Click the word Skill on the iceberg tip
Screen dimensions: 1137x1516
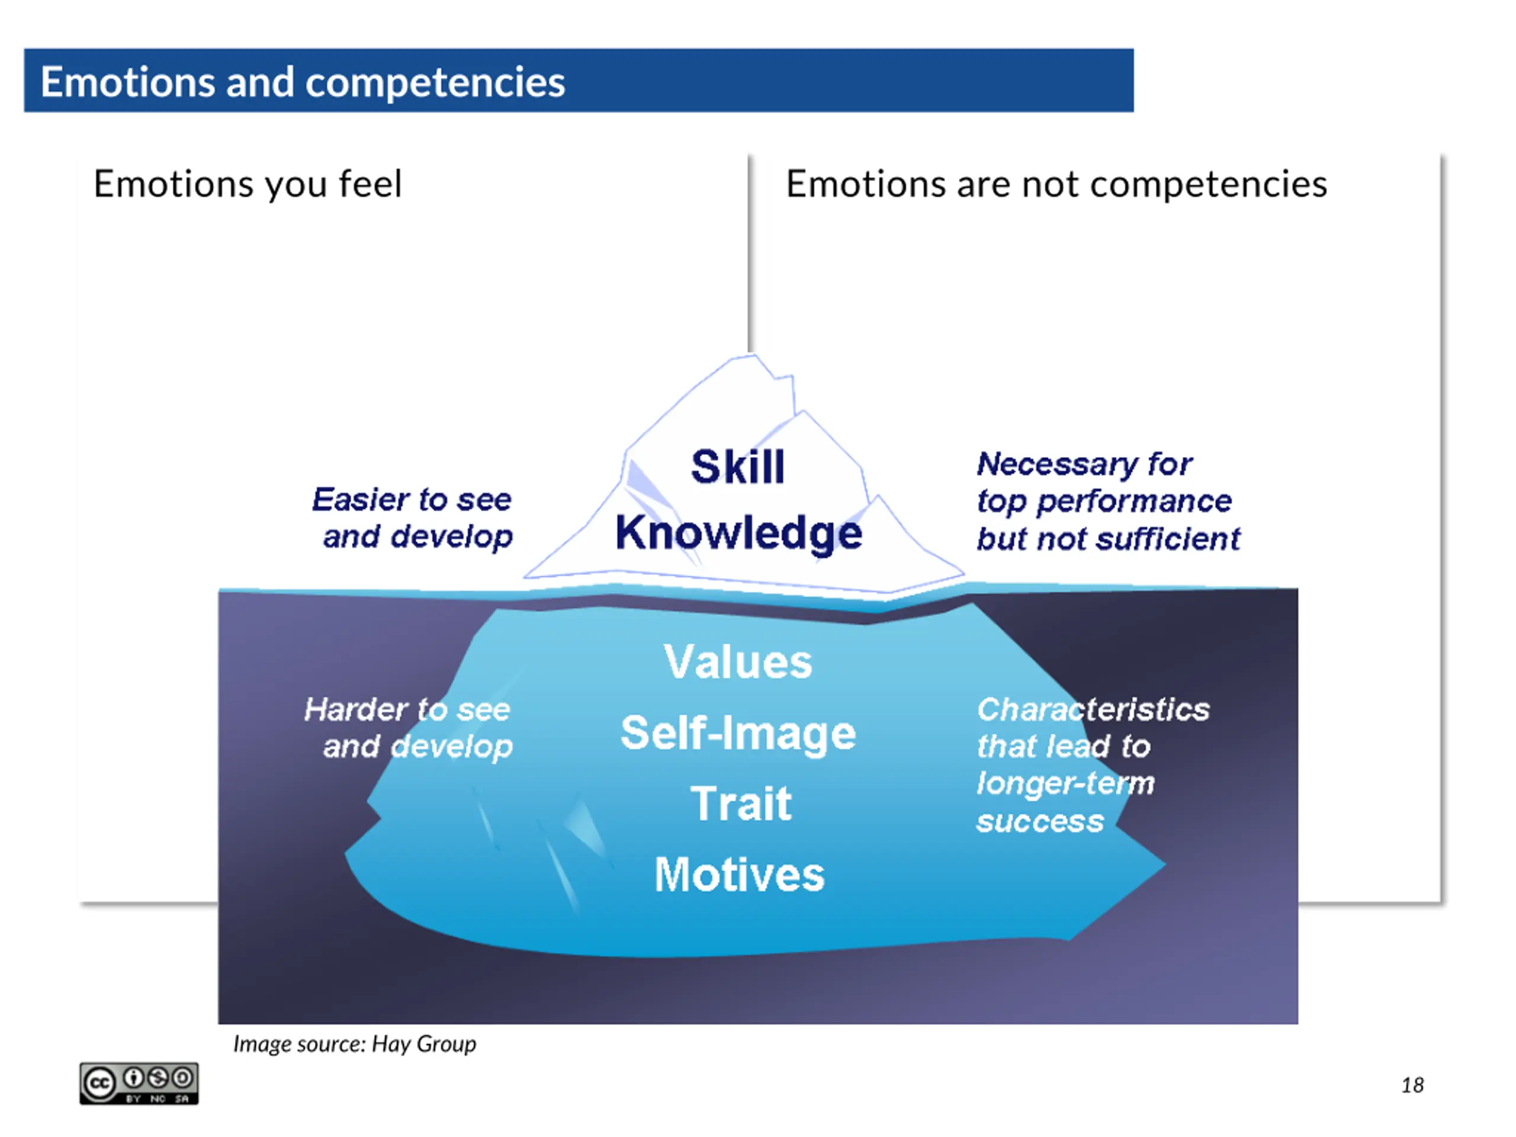737,467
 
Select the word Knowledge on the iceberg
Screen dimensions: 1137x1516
738,533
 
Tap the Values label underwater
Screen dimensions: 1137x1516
738,662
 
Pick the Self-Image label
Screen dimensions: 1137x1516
738,733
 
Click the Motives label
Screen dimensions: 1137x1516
740,875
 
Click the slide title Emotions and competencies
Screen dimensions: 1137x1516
302,82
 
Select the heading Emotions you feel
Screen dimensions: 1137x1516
248,184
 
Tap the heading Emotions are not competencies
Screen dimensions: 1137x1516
1056,184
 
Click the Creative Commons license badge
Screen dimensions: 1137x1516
139,1084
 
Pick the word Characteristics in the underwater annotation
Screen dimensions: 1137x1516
1093,709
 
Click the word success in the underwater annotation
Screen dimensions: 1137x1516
1040,821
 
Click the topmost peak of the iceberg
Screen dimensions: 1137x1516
750,356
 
